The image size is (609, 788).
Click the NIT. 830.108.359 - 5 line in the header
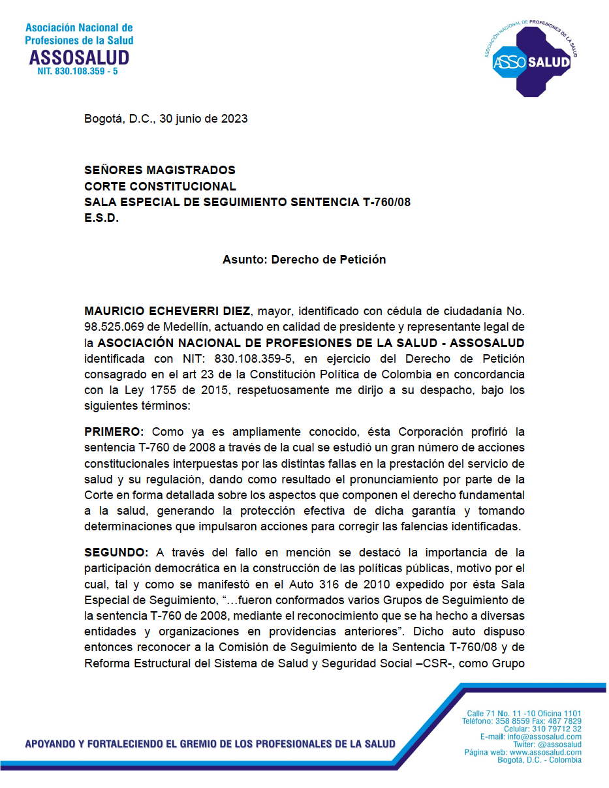pyautogui.click(x=78, y=70)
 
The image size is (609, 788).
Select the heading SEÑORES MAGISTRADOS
pyautogui.click(x=160, y=170)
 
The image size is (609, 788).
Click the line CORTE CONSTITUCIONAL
pyautogui.click(x=160, y=187)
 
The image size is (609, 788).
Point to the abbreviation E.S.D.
pyautogui.click(x=102, y=219)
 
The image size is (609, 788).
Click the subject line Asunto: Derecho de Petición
pyautogui.click(x=304, y=259)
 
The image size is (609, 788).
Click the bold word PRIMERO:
pyautogui.click(x=115, y=432)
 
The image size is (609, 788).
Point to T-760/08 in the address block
pyautogui.click(x=386, y=202)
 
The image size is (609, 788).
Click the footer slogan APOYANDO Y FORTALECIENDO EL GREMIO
pyautogui.click(x=209, y=744)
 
